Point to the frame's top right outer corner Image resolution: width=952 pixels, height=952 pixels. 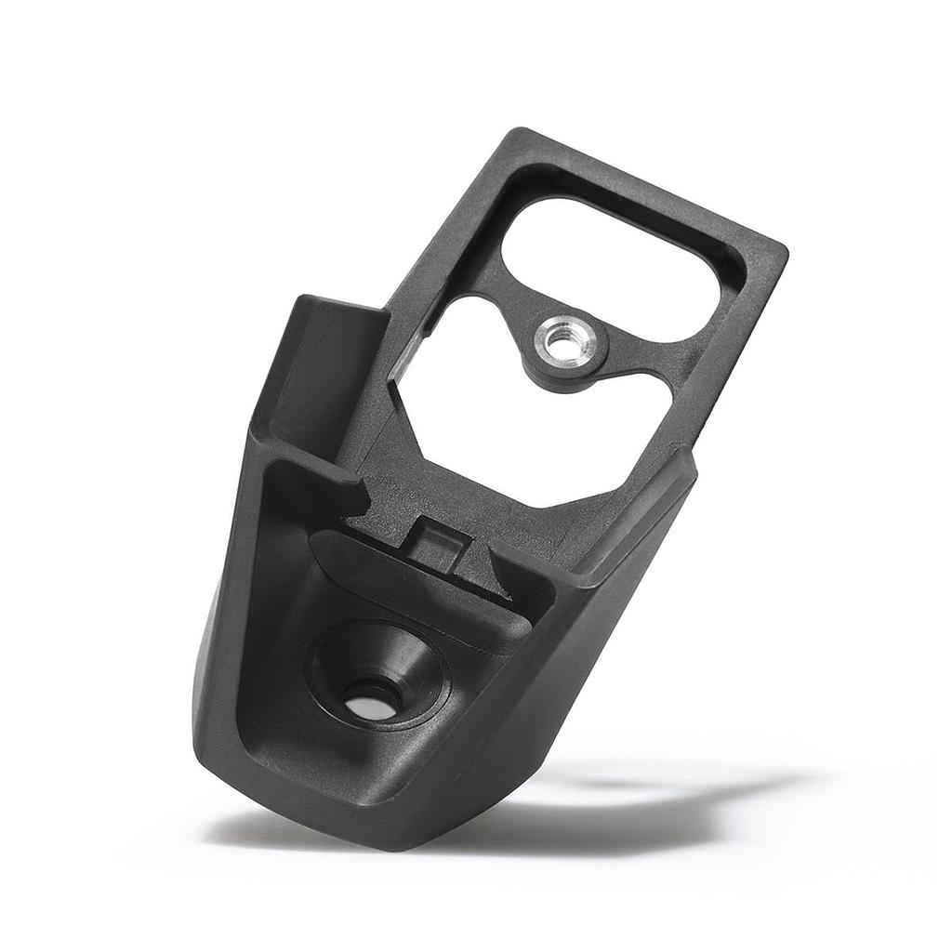pyautogui.click(x=784, y=249)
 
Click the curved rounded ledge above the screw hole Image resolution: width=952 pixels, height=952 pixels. pyautogui.click(x=418, y=586)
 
